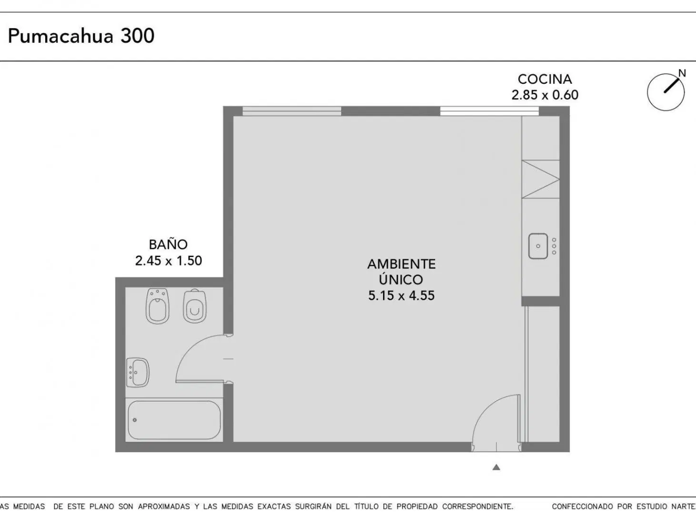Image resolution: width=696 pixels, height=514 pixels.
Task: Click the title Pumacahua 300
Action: click(81, 36)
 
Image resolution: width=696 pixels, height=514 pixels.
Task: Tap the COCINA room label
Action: click(545, 79)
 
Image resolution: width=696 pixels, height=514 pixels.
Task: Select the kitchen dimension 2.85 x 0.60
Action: click(545, 95)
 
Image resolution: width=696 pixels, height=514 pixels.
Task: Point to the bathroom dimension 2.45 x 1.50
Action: click(169, 261)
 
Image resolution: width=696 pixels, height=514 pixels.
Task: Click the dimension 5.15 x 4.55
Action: click(401, 296)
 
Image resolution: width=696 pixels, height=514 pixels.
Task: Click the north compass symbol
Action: click(666, 92)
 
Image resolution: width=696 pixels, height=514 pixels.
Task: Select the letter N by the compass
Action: click(682, 73)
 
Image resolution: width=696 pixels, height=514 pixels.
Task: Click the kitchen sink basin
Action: click(538, 246)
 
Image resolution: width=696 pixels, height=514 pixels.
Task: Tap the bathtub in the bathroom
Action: click(174, 420)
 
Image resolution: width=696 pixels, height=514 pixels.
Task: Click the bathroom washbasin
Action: click(138, 372)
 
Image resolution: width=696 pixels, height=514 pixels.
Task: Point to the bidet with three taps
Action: click(158, 306)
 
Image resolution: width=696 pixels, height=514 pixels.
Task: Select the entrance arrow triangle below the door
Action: click(496, 467)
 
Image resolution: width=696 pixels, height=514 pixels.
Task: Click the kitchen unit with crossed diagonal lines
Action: click(541, 179)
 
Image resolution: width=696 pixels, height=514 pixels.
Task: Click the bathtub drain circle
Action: click(135, 420)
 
